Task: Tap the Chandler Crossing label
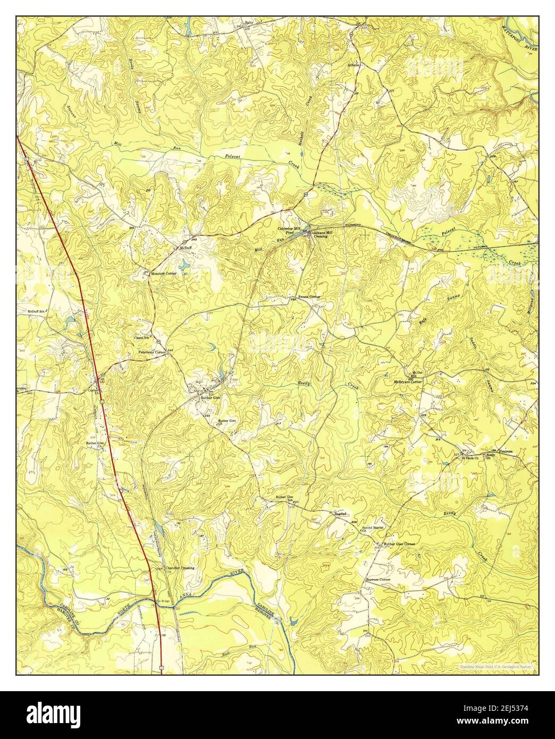180,568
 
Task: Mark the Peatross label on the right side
505,451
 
